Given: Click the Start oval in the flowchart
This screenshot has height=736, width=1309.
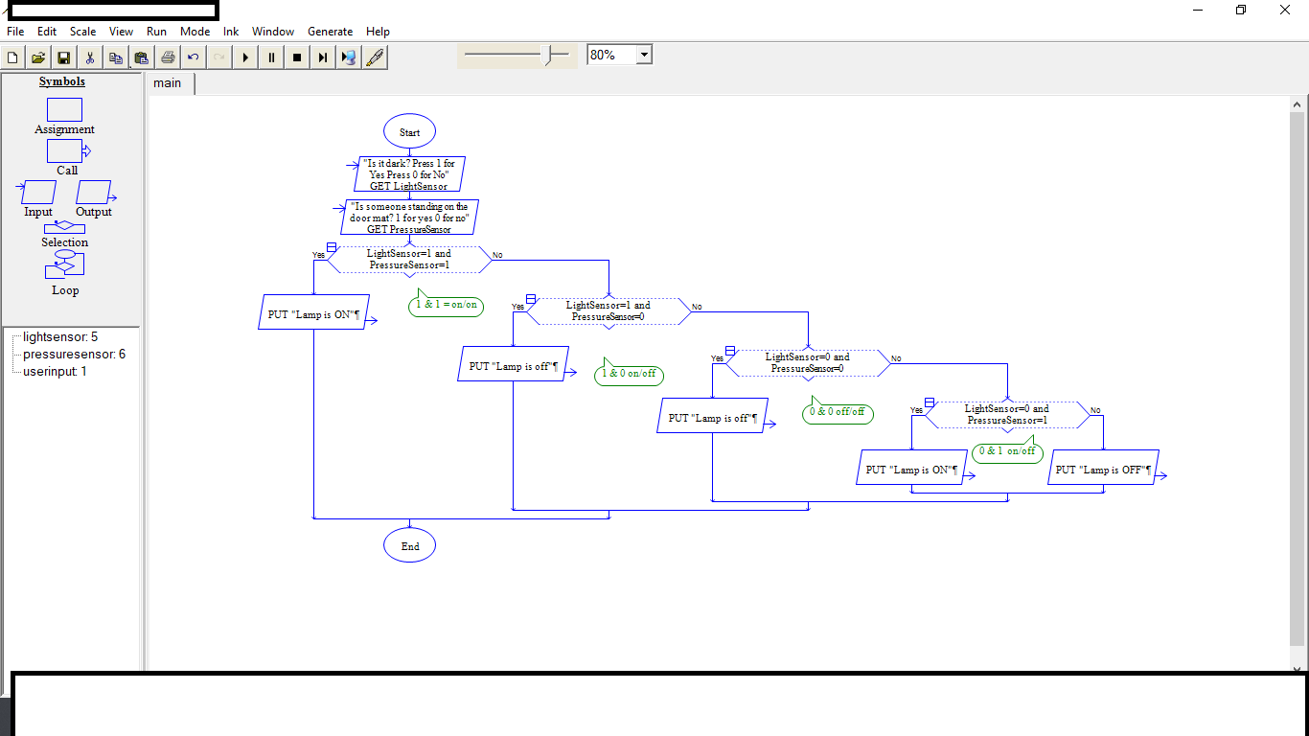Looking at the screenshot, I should [409, 132].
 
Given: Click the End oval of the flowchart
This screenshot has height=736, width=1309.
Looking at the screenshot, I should [409, 546].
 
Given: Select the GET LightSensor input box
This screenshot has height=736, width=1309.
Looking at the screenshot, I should [408, 175].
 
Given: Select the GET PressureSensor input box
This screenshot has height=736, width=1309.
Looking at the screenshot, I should [409, 218].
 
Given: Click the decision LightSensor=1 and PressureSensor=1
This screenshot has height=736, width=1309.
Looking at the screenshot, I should [409, 260].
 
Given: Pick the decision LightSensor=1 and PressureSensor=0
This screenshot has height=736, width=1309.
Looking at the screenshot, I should [609, 311].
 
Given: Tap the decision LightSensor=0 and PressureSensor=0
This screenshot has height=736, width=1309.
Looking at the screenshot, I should [808, 363].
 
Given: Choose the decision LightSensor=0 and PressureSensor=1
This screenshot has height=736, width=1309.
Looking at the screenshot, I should [1007, 415].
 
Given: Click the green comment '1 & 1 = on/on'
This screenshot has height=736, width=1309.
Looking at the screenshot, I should [446, 306].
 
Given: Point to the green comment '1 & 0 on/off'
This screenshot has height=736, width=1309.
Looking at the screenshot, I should [630, 374].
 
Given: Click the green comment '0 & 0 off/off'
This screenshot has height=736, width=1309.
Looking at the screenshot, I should [838, 413].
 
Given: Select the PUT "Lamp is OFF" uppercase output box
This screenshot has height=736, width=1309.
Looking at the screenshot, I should [1103, 469].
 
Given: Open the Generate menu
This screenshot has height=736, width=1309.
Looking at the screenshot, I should [330, 32].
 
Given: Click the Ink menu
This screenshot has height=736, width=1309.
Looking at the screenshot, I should [231, 32].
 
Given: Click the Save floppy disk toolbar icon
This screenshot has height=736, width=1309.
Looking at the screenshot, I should [63, 57].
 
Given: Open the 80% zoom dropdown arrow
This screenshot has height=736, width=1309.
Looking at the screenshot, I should [644, 56].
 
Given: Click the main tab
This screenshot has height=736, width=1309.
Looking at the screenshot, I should [168, 83].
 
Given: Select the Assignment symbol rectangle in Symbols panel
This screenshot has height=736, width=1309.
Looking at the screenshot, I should [64, 110].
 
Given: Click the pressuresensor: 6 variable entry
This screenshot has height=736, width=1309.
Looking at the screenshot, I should [74, 355].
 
